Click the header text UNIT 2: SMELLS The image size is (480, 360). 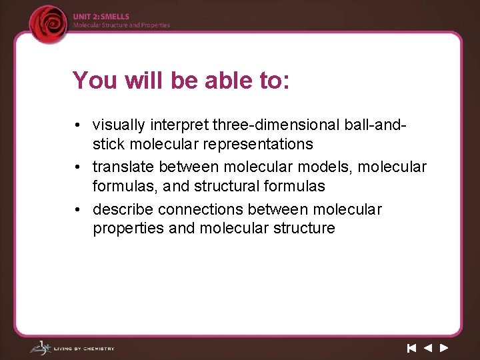tap(101, 17)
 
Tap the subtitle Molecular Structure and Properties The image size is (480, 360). tap(121, 25)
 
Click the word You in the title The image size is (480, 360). tap(93, 80)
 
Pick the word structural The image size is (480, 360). tap(217, 185)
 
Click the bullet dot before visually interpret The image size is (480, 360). tap(79, 125)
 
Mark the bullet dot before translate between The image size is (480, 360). tap(79, 167)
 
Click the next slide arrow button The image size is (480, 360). tap(444, 347)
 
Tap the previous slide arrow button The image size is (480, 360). tap(428, 347)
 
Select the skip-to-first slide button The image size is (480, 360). tap(412, 347)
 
